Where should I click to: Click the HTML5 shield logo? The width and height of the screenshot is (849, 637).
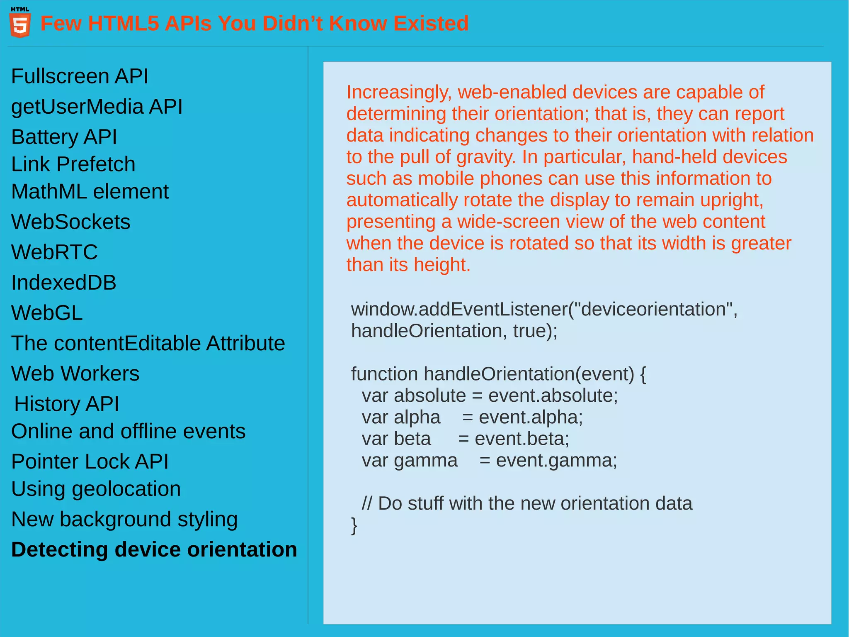[x=20, y=24]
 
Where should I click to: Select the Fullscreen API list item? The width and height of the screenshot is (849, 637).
[x=79, y=76]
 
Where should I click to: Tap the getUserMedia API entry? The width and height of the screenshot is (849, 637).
[x=97, y=107]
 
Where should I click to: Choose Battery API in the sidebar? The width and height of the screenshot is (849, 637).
[x=64, y=137]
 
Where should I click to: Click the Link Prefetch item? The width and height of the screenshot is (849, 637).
[x=73, y=164]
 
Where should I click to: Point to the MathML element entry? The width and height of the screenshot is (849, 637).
[x=90, y=192]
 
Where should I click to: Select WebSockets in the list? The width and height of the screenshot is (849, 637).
[x=70, y=222]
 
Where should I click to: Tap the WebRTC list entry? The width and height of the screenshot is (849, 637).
[x=54, y=252]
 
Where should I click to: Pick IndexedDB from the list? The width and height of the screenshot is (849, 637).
[x=63, y=283]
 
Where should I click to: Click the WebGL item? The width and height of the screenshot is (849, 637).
[x=47, y=313]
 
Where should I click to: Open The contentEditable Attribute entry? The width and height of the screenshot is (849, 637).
[x=148, y=343]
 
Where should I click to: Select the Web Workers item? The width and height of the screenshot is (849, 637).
[x=75, y=373]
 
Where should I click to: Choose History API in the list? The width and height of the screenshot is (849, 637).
[x=66, y=404]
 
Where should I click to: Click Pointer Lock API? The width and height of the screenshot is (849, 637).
[x=90, y=461]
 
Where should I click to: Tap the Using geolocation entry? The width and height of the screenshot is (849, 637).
[x=96, y=489]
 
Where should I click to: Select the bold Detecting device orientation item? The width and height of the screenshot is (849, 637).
[x=154, y=549]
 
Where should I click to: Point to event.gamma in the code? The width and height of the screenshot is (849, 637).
[x=556, y=461]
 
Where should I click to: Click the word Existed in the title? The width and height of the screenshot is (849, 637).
[x=431, y=23]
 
